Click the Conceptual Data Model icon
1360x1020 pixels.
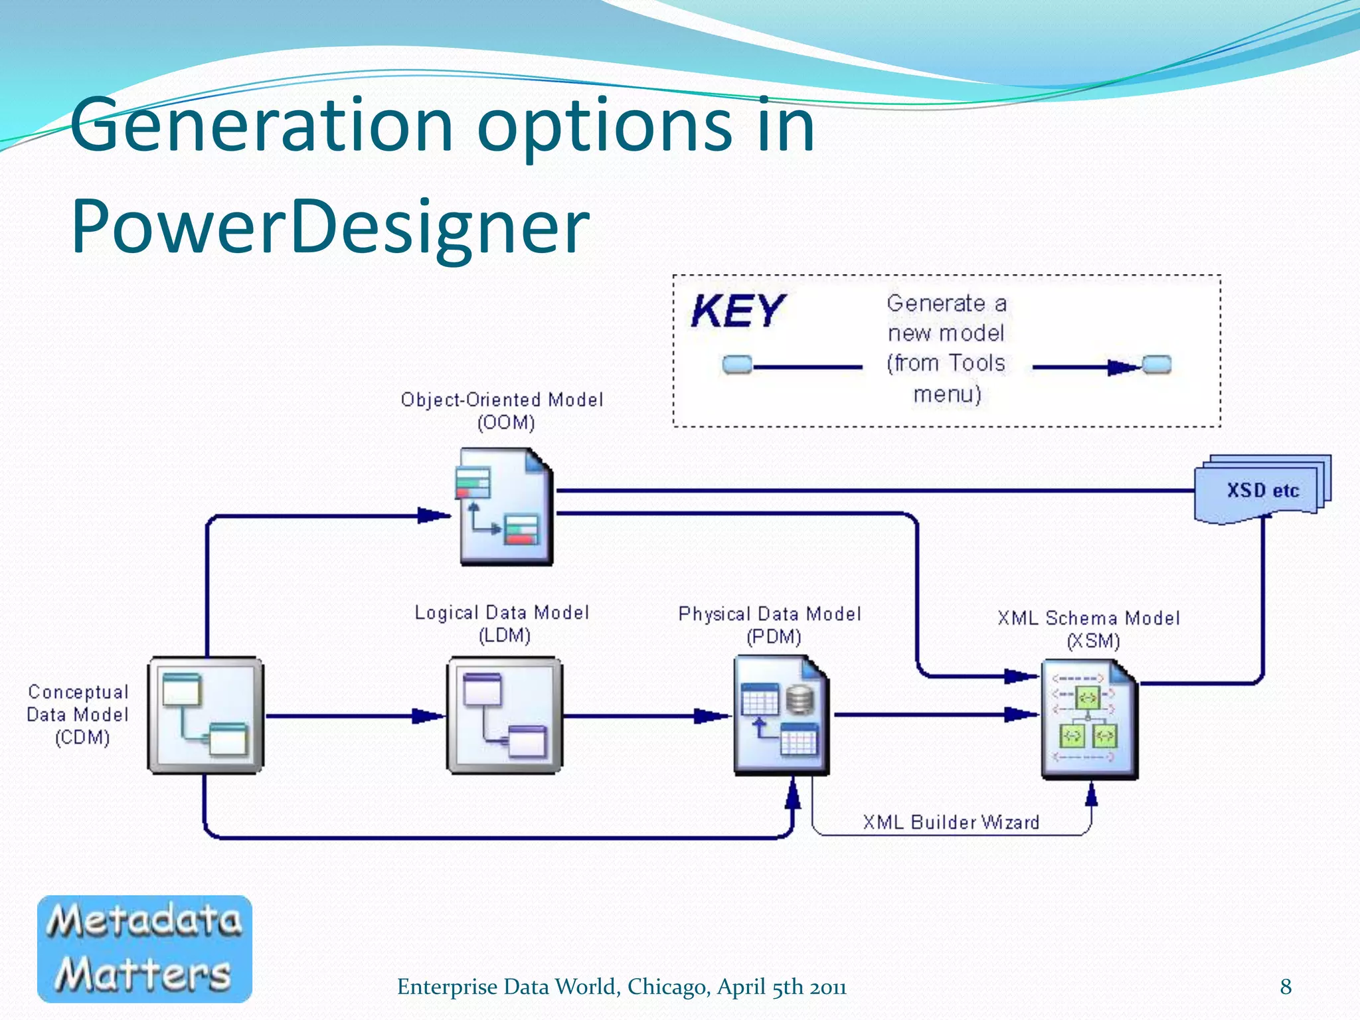(205, 715)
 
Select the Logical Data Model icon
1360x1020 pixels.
(505, 715)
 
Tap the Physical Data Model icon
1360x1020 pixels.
(781, 715)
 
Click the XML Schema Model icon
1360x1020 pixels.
(1089, 719)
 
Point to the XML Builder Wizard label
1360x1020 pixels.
(950, 822)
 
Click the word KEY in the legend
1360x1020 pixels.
(736, 311)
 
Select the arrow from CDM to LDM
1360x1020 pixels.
(355, 716)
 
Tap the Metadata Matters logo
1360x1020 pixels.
(145, 948)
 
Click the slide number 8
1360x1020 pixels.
(1286, 987)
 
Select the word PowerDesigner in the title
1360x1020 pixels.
(330, 227)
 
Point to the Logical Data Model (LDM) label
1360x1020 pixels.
(502, 624)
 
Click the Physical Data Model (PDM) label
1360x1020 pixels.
(770, 625)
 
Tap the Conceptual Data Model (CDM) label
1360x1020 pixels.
(78, 715)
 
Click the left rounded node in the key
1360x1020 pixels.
(736, 365)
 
